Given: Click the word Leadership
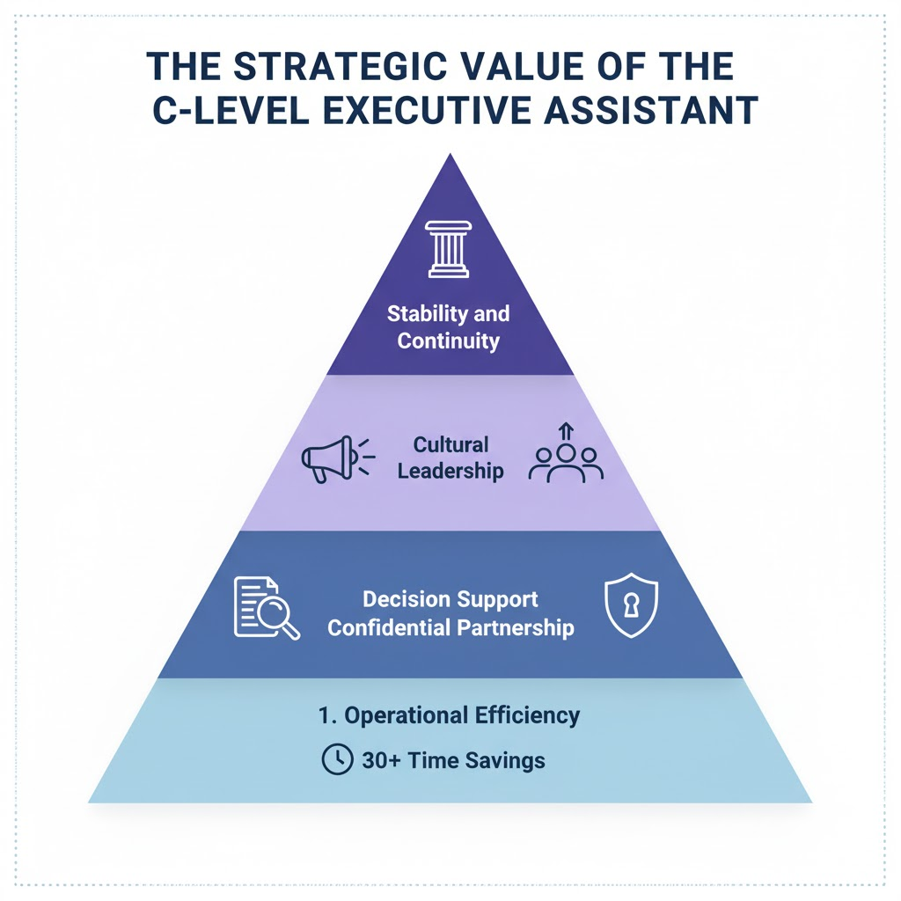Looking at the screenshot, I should [x=450, y=471].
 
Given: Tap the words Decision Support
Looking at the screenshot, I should [x=450, y=600].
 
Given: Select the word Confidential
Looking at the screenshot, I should [x=390, y=627].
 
